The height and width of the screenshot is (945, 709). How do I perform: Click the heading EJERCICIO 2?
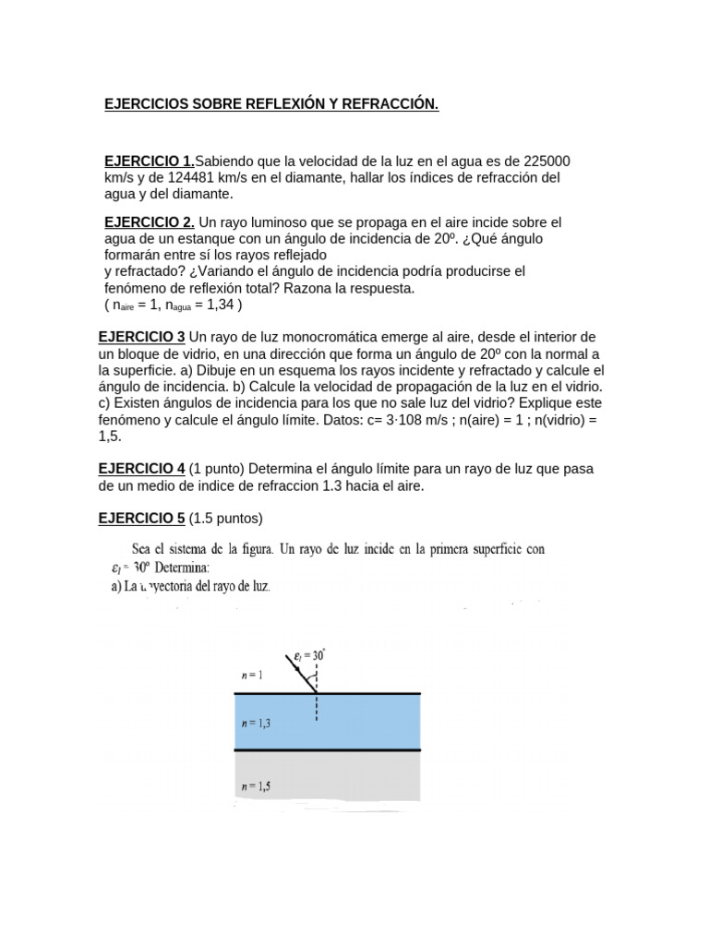point(150,222)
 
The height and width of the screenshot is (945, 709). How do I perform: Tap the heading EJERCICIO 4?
point(142,469)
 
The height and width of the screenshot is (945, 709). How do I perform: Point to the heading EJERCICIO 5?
point(142,518)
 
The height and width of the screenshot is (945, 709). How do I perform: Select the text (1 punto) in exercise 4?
point(222,469)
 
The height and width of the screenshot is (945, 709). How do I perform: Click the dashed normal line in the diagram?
point(317,708)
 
